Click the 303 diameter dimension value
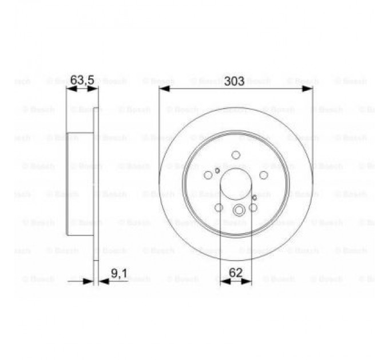pos(236,81)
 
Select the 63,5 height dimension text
pos(82,81)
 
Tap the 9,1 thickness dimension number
pos(118,274)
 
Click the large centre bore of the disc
pos(236,183)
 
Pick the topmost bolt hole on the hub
pos(236,155)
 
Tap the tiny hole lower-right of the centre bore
pos(254,198)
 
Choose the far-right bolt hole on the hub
pos(264,175)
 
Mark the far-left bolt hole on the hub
pos(209,175)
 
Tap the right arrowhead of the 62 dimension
pos(249,281)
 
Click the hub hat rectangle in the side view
pos(80,183)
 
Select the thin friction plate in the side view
pos(96,183)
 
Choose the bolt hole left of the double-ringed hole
pos(219,208)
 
